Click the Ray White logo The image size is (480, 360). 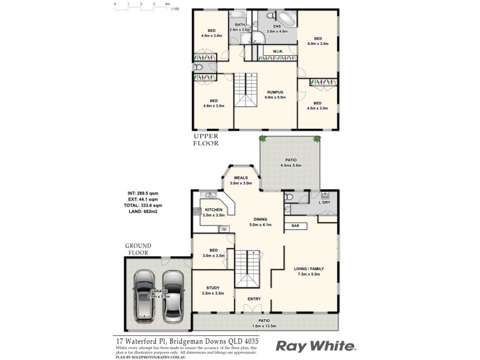(316, 346)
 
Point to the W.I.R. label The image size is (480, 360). (277, 51)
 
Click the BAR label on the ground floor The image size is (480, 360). (295, 226)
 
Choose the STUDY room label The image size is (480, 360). (212, 287)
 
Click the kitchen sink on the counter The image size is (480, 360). (210, 195)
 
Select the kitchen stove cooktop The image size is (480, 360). (196, 211)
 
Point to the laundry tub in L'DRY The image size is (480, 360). (325, 196)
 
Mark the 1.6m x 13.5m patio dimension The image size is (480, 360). (265, 326)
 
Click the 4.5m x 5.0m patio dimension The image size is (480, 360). (290, 165)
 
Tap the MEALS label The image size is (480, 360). (242, 177)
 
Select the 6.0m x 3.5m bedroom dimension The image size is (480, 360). (318, 43)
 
